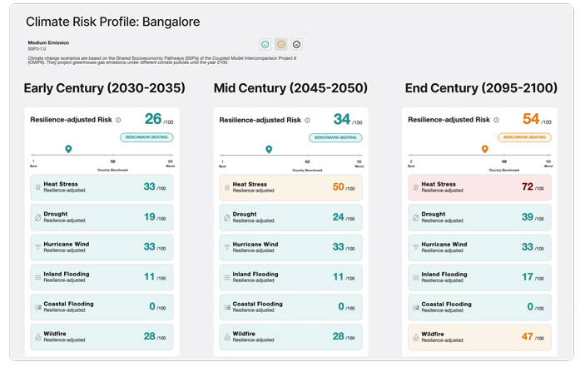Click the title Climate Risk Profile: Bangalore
coord(112,22)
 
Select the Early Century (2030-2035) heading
coord(104,88)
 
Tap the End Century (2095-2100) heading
coord(481,88)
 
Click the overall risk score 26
coord(152,119)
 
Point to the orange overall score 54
coord(531,119)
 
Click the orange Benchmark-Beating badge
coord(524,137)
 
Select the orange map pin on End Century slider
coord(484,149)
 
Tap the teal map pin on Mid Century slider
coord(268,149)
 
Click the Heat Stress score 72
coord(527,186)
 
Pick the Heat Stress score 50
coord(338,186)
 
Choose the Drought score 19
coord(150,216)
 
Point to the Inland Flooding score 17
coord(528,276)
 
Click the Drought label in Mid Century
coord(245,214)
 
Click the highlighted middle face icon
coord(281,44)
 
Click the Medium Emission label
coord(48,42)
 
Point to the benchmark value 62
coord(307,161)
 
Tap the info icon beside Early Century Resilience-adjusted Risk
coord(118,120)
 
